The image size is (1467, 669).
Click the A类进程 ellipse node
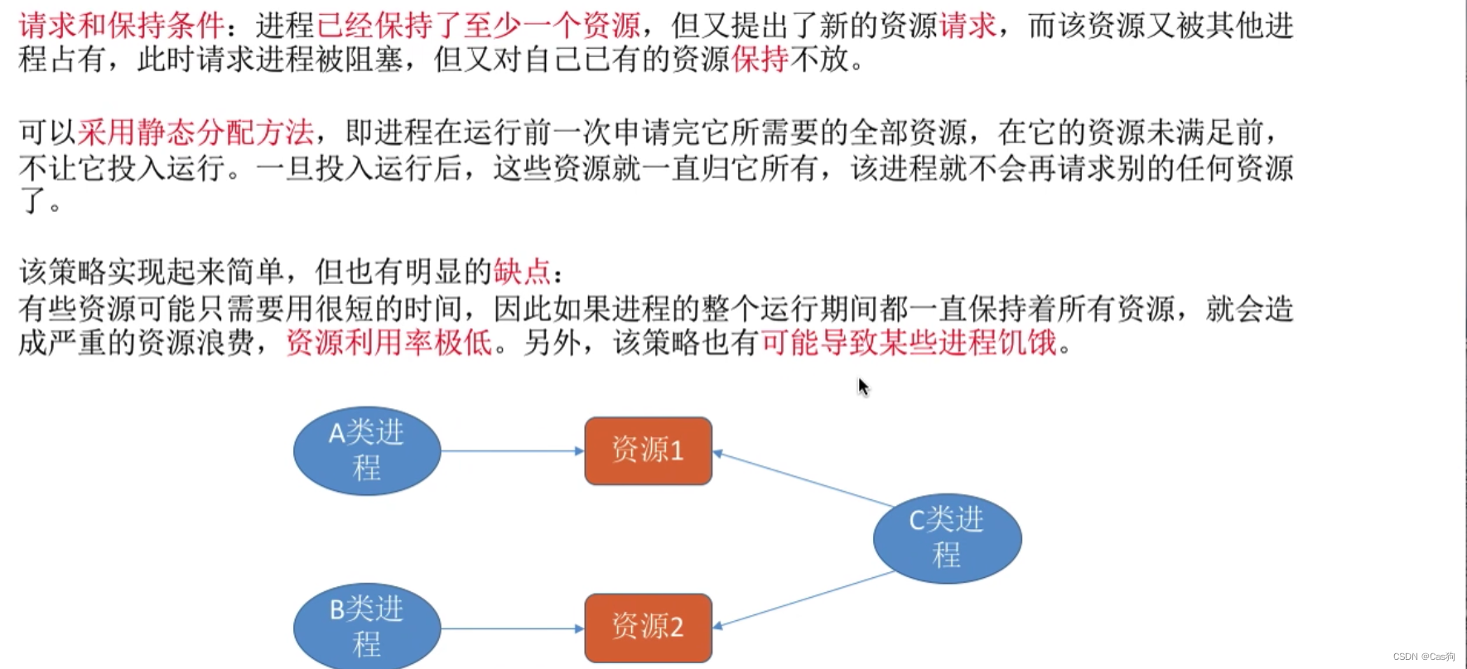pos(367,450)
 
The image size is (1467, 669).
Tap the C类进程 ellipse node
pos(947,538)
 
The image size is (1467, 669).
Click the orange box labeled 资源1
pos(648,450)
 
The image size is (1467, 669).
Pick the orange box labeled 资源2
pos(648,628)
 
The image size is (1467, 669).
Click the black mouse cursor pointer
pos(862,386)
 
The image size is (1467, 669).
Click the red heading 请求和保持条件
pos(121,26)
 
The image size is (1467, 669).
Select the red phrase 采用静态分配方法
pos(195,132)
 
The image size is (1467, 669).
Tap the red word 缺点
pos(522,272)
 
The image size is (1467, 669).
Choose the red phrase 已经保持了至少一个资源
pos(478,26)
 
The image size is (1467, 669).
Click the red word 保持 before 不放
pos(760,60)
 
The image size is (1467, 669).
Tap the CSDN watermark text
pos(1423,657)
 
